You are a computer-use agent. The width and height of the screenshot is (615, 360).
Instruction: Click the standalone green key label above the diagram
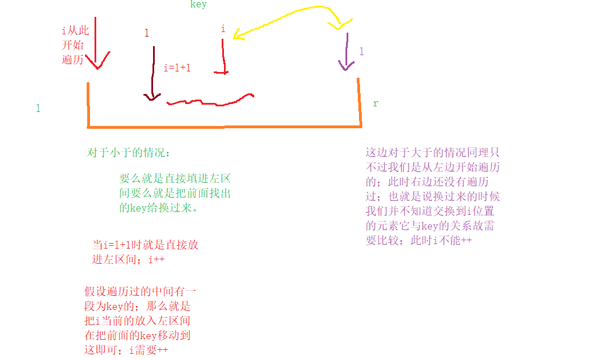[x=198, y=4]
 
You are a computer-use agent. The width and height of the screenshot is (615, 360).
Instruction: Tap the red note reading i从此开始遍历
[x=75, y=45]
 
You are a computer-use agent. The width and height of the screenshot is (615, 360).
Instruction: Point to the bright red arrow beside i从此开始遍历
[x=96, y=45]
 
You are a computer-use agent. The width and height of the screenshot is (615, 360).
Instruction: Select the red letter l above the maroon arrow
[x=147, y=33]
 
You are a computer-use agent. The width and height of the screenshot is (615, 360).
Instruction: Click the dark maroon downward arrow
[x=152, y=73]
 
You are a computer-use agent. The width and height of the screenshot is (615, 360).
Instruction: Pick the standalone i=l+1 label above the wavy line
[x=177, y=68]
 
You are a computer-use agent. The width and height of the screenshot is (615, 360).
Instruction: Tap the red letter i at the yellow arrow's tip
[x=223, y=29]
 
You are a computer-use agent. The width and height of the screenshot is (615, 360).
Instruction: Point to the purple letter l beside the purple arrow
[x=361, y=52]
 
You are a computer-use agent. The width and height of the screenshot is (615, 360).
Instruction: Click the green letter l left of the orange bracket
[x=38, y=109]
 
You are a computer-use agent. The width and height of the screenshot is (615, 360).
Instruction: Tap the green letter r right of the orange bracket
[x=375, y=104]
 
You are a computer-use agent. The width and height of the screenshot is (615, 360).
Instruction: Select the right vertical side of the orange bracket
[x=359, y=102]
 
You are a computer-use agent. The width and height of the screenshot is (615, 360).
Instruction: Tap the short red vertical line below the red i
[x=224, y=56]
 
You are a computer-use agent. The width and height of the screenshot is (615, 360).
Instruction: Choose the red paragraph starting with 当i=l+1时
[x=145, y=252]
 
